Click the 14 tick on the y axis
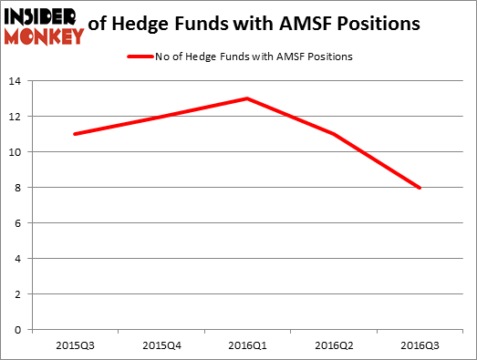point(17,82)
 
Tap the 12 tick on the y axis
point(17,118)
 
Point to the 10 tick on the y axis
point(17,152)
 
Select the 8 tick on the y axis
point(20,188)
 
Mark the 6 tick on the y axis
point(20,223)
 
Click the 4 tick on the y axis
point(20,259)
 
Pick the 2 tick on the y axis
point(20,294)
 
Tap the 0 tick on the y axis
point(20,329)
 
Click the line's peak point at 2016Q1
point(247,98)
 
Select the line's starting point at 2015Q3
point(74,134)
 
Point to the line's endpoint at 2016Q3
point(420,188)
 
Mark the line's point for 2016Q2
point(334,134)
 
